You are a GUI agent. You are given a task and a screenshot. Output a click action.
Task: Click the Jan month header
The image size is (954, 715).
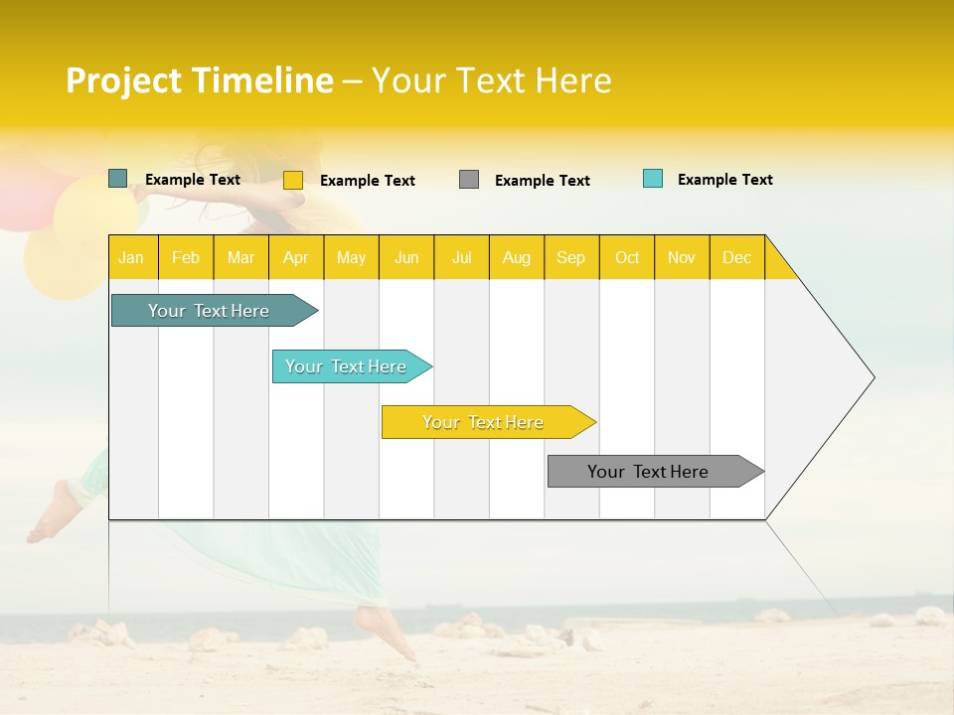point(131,257)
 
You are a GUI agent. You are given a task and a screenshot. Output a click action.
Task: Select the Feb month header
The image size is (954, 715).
point(186,257)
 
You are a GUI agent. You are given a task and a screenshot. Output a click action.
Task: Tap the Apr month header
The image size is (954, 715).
point(295,257)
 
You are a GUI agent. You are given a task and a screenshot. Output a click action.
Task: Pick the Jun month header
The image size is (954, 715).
point(406,257)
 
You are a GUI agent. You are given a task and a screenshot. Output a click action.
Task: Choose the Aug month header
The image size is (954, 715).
point(516,257)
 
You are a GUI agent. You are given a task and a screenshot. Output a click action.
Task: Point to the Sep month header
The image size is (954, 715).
point(570,257)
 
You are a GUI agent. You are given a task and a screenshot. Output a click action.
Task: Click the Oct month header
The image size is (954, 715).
point(627,257)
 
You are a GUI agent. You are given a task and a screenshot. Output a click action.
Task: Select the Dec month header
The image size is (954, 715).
point(736,257)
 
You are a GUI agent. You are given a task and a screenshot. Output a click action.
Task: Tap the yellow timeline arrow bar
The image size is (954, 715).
point(484,422)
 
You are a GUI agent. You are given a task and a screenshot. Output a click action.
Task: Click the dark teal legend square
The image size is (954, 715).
point(118,179)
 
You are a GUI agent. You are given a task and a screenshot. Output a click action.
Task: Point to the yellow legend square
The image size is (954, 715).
point(293,180)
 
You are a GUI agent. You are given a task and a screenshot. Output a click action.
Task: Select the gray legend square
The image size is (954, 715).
point(469,180)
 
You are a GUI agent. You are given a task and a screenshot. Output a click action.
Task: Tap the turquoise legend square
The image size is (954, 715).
point(653,179)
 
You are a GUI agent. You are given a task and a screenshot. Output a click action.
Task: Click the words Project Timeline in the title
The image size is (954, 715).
point(200,80)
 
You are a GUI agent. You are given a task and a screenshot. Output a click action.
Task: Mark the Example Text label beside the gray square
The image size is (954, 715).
point(543,181)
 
